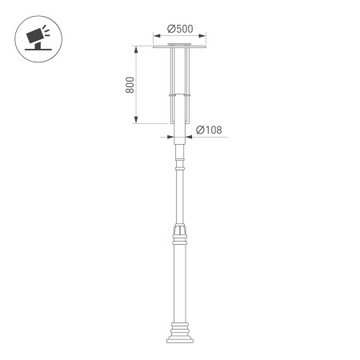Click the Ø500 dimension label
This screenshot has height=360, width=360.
pyautogui.click(x=181, y=30)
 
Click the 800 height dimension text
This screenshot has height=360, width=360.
pyautogui.click(x=130, y=86)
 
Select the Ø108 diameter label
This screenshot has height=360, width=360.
pyautogui.click(x=209, y=130)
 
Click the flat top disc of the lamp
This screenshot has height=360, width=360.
pyautogui.click(x=181, y=46)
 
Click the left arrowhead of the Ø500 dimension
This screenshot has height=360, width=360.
pyautogui.click(x=156, y=36)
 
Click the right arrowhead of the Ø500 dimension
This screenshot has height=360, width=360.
pyautogui.click(x=204, y=36)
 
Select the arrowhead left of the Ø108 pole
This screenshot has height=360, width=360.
pyautogui.click(x=171, y=137)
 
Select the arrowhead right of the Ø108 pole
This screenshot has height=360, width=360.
pyautogui.click(x=189, y=137)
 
